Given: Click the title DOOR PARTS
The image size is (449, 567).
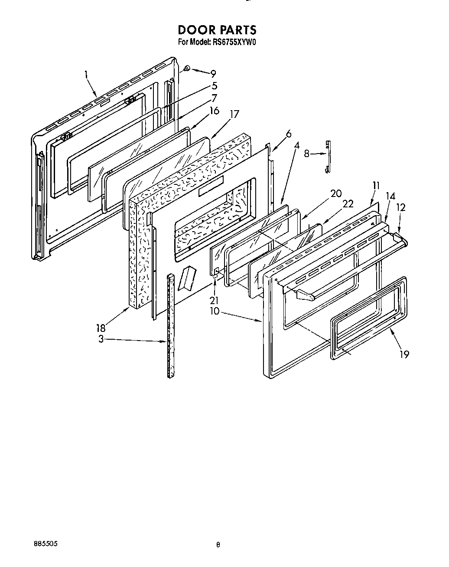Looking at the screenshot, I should [217, 29].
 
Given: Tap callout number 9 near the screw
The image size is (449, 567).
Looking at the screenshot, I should [213, 74].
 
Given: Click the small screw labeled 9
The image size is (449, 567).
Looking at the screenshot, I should [187, 68].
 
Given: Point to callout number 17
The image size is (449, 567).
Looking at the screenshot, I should [234, 115].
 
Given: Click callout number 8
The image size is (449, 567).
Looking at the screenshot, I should [307, 153].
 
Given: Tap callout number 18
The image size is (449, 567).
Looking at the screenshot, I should [101, 328].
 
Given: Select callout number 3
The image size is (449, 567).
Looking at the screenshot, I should [101, 340].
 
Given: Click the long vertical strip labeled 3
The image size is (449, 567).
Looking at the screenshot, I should [170, 325].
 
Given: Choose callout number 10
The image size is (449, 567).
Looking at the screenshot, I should [214, 311].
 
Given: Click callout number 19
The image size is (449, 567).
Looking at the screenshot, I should [404, 354].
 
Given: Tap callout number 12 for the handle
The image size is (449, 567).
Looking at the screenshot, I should [400, 208].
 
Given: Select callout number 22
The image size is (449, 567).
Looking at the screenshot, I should [348, 204].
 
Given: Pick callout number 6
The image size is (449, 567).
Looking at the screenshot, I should [289, 134].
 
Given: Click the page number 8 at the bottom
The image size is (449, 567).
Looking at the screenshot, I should [219, 544].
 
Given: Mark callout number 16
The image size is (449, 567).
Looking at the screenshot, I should [214, 111].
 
